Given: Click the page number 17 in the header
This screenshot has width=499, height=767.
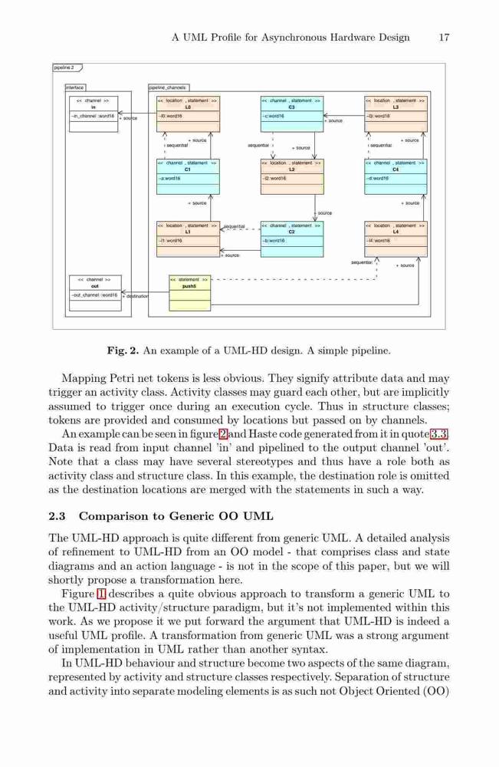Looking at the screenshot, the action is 444,37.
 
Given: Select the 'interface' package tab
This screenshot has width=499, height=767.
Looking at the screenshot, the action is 75,87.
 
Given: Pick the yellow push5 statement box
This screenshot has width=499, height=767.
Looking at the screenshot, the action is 190,293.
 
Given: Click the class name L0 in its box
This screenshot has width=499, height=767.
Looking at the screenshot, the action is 188,107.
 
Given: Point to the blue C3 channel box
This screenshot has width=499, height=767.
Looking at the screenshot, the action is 292,114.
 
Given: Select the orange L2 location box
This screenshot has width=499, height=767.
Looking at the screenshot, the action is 292,176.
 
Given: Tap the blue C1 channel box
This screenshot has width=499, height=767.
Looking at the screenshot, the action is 188,176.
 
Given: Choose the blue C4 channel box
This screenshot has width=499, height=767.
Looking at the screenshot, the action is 396,176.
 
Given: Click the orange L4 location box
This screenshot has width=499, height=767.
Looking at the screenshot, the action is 396,239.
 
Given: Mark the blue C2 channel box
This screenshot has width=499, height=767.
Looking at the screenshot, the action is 292,239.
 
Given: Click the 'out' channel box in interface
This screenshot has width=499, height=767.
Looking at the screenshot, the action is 95,293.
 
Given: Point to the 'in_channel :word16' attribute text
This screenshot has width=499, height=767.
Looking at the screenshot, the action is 93,116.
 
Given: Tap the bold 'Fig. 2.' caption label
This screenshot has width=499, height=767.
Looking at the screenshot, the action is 123,351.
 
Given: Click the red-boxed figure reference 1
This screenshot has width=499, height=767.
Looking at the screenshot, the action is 101,594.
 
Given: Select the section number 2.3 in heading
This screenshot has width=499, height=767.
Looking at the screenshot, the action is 57,516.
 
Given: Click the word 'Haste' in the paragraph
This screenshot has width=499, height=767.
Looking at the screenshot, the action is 262,434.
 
